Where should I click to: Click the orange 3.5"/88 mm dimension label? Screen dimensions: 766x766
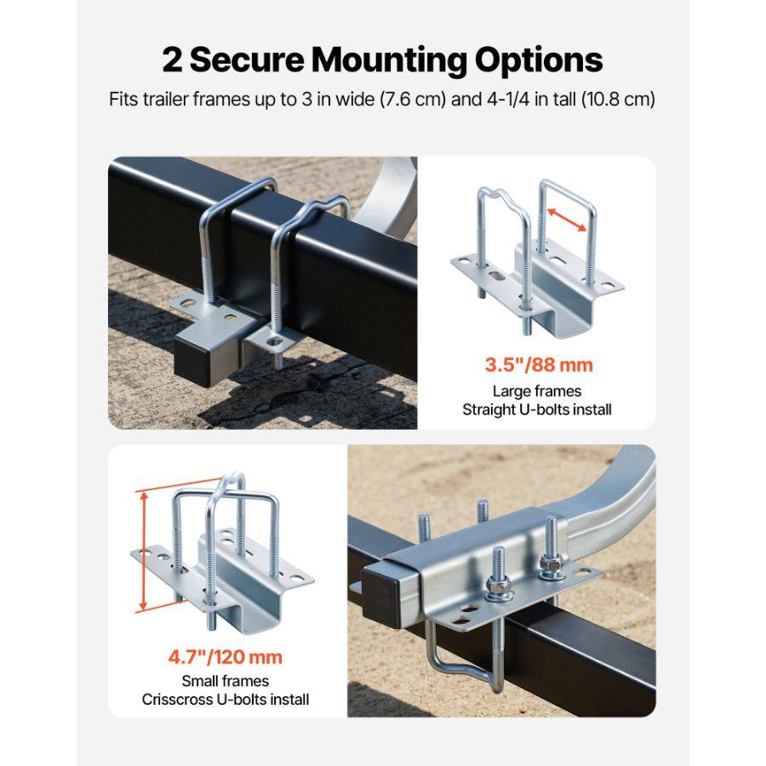coord(538,365)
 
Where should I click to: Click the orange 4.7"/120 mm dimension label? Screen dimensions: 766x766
coord(226,657)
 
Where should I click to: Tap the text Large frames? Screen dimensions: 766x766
coord(537,391)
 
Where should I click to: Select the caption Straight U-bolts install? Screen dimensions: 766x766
coord(537,409)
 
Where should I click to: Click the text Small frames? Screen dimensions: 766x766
coord(226,681)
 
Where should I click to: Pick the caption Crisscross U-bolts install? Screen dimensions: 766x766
coord(226,700)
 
